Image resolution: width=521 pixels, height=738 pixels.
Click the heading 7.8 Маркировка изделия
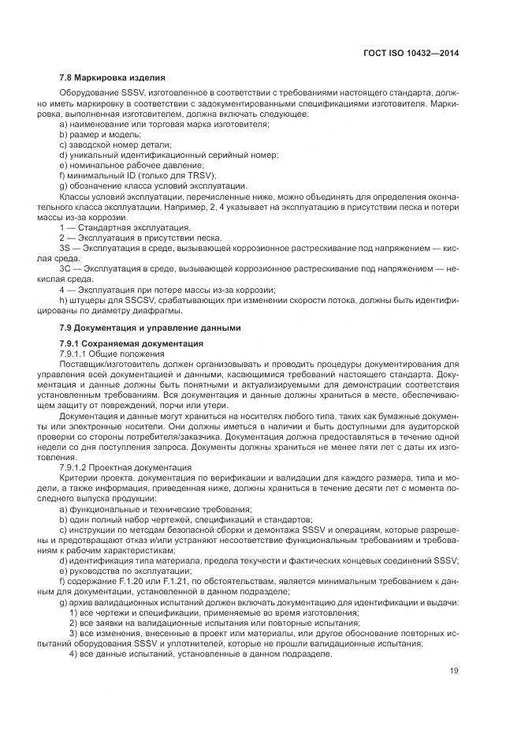(x=112, y=78)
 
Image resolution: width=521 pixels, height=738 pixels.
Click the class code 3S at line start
(x=64, y=248)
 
